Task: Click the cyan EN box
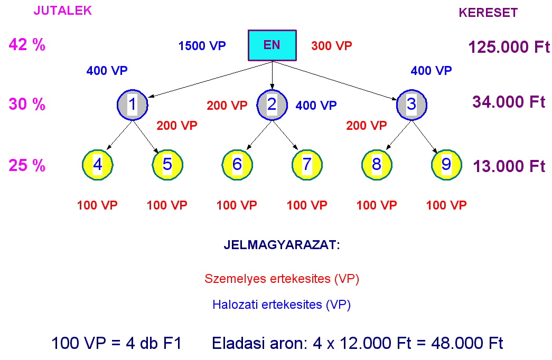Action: pyautogui.click(x=272, y=45)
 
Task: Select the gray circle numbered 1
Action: pyautogui.click(x=132, y=105)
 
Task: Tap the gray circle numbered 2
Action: pyautogui.click(x=272, y=105)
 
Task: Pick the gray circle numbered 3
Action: pyautogui.click(x=411, y=105)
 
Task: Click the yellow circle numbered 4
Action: pyautogui.click(x=98, y=165)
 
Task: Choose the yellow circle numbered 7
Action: pyautogui.click(x=307, y=165)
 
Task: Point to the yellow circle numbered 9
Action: pyautogui.click(x=446, y=165)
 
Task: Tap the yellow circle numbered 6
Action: pyautogui.click(x=237, y=165)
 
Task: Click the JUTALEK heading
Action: pyautogui.click(x=62, y=11)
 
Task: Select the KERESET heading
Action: pyautogui.click(x=488, y=13)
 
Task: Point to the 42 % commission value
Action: pyautogui.click(x=27, y=45)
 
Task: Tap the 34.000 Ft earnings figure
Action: pyautogui.click(x=509, y=102)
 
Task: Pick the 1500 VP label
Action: pyautogui.click(x=202, y=46)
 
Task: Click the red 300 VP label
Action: pyautogui.click(x=331, y=46)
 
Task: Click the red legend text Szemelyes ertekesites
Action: pyautogui.click(x=282, y=279)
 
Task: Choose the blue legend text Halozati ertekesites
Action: pyautogui.click(x=282, y=305)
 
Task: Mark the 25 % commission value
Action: pyautogui.click(x=27, y=166)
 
